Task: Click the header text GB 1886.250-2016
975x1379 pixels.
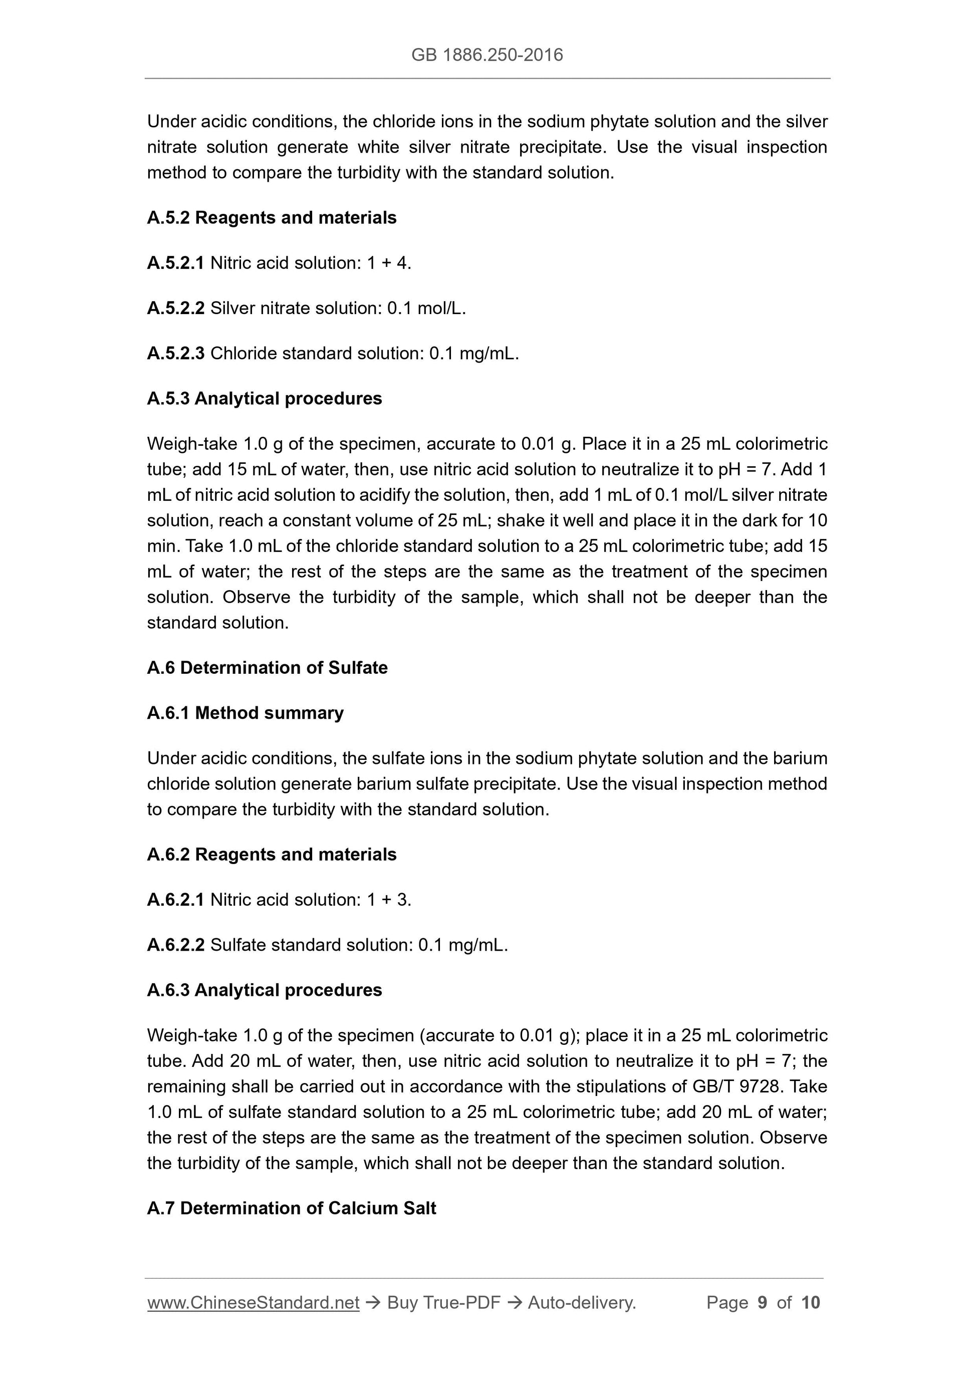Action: [x=487, y=55]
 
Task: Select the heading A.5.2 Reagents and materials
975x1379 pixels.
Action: [x=272, y=217]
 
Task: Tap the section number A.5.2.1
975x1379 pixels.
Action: [x=175, y=263]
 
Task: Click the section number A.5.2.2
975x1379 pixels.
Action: [x=175, y=308]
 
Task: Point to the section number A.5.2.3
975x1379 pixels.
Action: [x=175, y=353]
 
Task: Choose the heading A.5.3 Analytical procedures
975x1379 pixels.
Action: [x=265, y=398]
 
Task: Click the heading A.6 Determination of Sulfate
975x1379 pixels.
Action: [x=268, y=667]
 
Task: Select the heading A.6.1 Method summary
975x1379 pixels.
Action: [x=245, y=713]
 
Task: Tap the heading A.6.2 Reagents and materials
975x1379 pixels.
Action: [x=272, y=854]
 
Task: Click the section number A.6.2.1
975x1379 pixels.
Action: [x=175, y=899]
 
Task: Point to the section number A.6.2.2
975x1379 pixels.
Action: [x=175, y=945]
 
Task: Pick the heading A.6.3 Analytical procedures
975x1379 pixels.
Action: [x=265, y=990]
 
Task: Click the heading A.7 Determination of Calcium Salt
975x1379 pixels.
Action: [x=292, y=1208]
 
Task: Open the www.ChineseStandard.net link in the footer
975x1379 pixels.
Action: [x=253, y=1302]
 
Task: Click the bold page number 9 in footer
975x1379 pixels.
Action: [x=763, y=1302]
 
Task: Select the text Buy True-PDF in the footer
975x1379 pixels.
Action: [x=443, y=1302]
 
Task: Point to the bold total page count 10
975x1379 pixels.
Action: [x=810, y=1302]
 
